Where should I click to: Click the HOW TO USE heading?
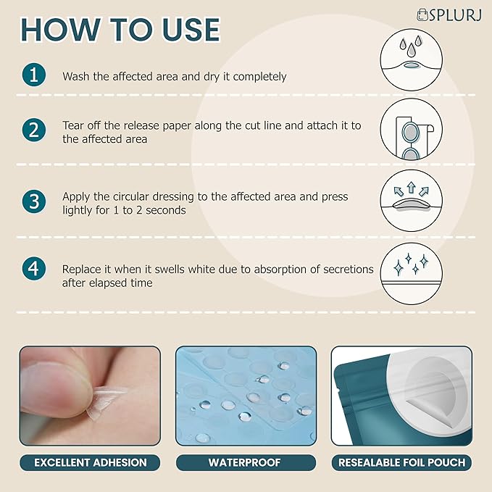120,30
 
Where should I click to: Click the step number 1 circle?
34,75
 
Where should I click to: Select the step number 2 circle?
34,130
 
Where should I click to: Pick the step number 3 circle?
34,201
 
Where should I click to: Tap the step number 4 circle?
34,269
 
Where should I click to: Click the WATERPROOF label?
246,462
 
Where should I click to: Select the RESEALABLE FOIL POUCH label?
401,462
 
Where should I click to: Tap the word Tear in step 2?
74,125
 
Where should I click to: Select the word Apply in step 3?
77,196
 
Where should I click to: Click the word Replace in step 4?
84,269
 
